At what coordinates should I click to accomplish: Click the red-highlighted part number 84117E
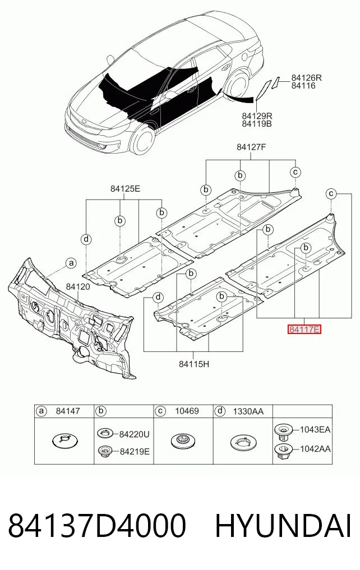(x=304, y=330)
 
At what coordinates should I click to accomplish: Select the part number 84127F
(x=251, y=147)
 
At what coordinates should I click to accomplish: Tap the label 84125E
(x=125, y=189)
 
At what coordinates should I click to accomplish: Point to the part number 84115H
(x=194, y=363)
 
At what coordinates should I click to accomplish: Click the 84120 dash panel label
(x=78, y=287)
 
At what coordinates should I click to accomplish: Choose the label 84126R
(x=306, y=78)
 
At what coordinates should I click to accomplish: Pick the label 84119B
(x=257, y=124)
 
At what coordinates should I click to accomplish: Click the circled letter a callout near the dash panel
(x=71, y=262)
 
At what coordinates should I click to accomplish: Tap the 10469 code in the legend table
(x=187, y=411)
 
